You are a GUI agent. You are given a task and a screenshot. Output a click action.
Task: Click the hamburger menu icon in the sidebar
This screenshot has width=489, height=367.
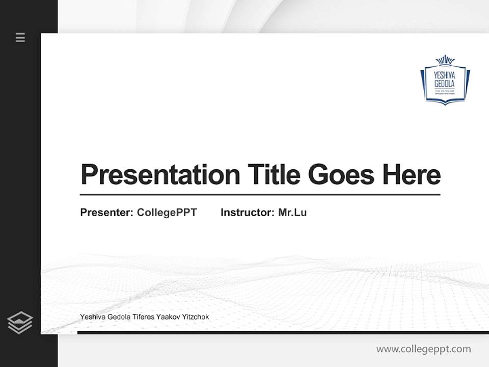click(x=20, y=37)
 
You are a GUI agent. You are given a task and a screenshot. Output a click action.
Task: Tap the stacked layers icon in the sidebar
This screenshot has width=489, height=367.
click(x=20, y=323)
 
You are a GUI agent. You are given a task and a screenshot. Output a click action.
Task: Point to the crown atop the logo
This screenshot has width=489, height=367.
click(x=445, y=60)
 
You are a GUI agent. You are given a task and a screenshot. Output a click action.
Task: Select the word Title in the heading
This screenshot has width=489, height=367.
click(x=274, y=174)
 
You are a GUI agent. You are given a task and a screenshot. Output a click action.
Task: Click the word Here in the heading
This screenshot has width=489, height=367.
click(x=411, y=174)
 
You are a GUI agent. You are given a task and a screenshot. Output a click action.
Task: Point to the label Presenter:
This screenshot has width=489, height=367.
click(x=106, y=213)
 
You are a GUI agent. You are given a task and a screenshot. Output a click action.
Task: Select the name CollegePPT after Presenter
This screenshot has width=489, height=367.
click(x=167, y=213)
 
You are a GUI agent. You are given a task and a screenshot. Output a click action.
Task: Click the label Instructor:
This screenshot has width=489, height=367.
click(x=247, y=213)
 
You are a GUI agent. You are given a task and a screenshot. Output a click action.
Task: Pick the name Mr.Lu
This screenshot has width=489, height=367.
click(x=292, y=213)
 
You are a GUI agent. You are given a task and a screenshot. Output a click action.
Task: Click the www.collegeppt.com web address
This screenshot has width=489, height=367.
click(x=423, y=349)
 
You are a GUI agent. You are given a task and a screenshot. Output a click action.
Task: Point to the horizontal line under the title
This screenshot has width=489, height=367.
click(x=260, y=194)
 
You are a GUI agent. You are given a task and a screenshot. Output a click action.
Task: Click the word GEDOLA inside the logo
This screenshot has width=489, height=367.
click(x=445, y=83)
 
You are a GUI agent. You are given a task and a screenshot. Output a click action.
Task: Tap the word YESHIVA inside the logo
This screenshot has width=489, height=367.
click(x=445, y=74)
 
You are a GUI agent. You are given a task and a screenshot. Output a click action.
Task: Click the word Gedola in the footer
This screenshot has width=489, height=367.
click(x=119, y=317)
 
